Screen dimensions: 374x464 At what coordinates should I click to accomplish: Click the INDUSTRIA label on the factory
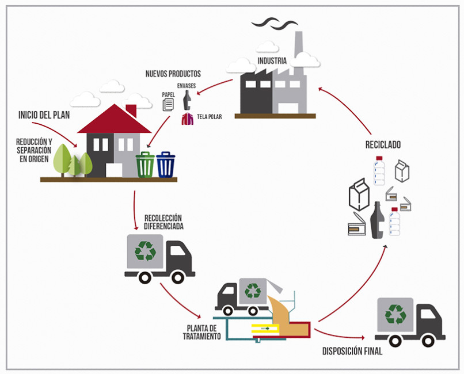(x=272, y=61)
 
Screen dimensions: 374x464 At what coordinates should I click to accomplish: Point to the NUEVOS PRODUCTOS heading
(x=173, y=74)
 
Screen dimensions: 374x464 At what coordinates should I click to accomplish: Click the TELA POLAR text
(x=209, y=116)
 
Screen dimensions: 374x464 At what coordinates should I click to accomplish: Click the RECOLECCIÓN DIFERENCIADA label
(x=163, y=222)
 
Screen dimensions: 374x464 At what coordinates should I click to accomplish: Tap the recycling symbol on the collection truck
(x=145, y=250)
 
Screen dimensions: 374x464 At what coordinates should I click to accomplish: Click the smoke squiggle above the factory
(x=276, y=22)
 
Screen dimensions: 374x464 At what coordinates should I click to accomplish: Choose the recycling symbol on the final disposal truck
(x=395, y=314)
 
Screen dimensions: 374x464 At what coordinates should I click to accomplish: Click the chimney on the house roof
(x=131, y=109)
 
